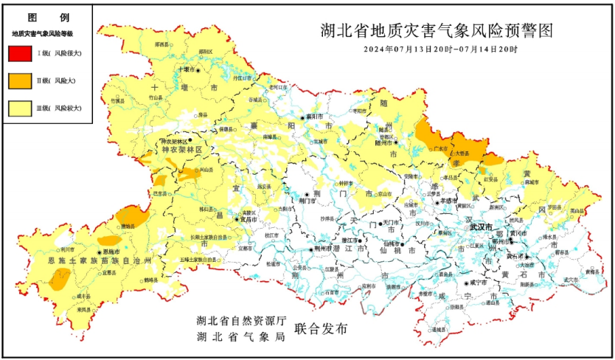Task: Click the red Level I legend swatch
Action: pyautogui.click(x=20, y=53)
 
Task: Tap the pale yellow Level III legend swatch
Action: pyautogui.click(x=20, y=108)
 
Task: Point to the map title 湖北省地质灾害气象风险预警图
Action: pyautogui.click(x=437, y=31)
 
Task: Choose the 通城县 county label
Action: pyautogui.click(x=441, y=329)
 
